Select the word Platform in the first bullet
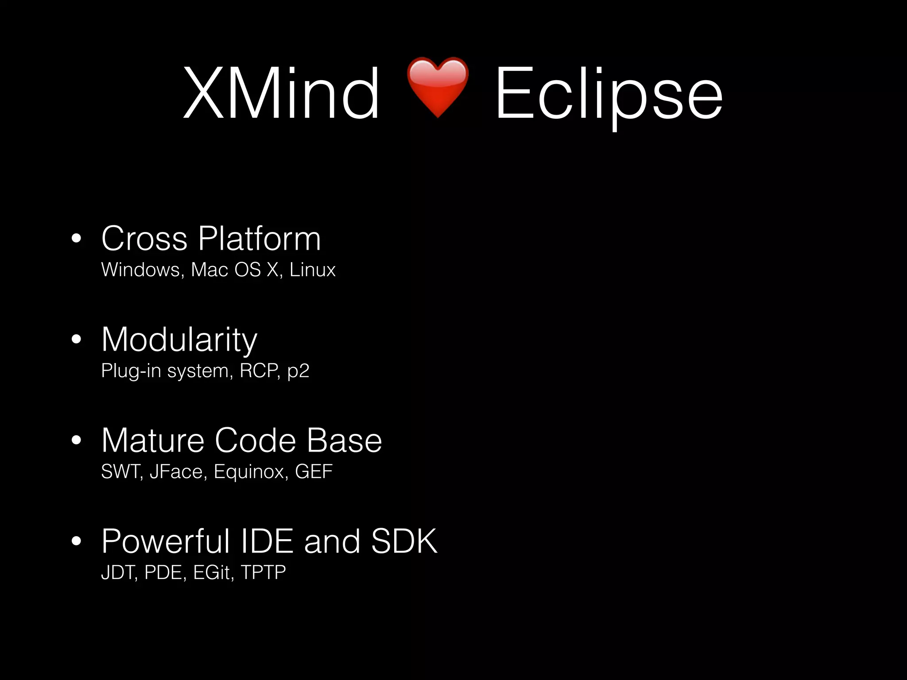(260, 239)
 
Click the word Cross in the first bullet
(144, 239)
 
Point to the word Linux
(313, 270)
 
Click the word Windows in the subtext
(140, 270)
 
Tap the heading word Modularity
(179, 340)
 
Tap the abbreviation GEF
(314, 471)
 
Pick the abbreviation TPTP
(263, 572)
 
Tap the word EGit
(212, 572)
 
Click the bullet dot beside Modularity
(77, 340)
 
